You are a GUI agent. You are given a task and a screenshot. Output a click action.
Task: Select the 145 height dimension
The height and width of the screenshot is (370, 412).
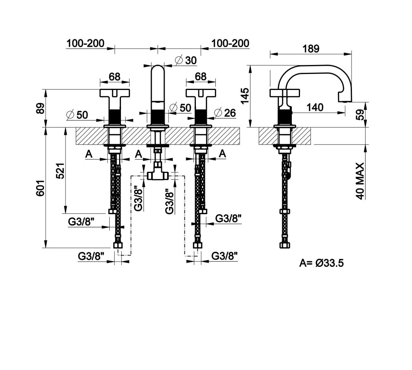pyautogui.click(x=245, y=96)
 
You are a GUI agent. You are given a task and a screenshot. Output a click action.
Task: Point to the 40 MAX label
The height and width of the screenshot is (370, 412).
pyautogui.click(x=360, y=181)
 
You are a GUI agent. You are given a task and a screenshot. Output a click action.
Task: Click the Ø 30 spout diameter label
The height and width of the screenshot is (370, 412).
pyautogui.click(x=186, y=60)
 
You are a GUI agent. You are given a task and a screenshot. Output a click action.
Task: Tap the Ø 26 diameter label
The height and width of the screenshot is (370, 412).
pyautogui.click(x=225, y=113)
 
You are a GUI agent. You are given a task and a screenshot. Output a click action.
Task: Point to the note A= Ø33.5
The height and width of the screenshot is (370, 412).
pyautogui.click(x=321, y=263)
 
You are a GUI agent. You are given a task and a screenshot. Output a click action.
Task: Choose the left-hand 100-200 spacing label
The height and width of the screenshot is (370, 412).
pyautogui.click(x=85, y=43)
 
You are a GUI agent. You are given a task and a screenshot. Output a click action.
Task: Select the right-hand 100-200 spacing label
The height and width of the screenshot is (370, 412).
pyautogui.click(x=230, y=43)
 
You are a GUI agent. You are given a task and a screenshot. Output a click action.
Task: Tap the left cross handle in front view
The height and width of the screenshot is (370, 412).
pyautogui.click(x=114, y=93)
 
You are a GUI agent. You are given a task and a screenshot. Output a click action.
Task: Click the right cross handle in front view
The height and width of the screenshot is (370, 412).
pyautogui.click(x=201, y=93)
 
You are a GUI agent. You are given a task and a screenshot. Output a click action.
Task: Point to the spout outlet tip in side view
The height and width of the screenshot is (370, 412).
pyautogui.click(x=346, y=100)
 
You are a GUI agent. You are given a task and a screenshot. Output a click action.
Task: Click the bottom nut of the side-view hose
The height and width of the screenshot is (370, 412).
pyautogui.click(x=285, y=245)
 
